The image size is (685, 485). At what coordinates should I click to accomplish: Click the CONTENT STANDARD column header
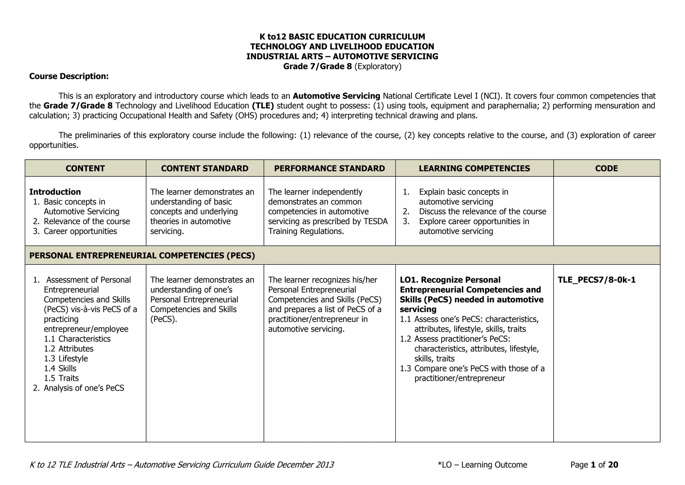[x=205, y=168]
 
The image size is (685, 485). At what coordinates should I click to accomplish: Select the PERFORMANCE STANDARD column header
[x=329, y=168]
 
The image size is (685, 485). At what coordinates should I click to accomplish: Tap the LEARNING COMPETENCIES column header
[x=474, y=168]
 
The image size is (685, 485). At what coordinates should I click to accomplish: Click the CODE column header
[x=606, y=168]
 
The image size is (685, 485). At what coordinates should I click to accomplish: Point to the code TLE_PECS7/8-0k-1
[x=596, y=280]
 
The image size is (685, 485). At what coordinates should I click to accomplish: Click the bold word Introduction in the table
[x=55, y=192]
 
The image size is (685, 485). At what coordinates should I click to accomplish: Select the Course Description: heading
[x=69, y=76]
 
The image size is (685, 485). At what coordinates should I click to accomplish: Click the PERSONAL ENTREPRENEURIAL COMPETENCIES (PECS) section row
[x=142, y=256]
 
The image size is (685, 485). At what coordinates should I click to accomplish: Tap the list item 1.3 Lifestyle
[x=66, y=358]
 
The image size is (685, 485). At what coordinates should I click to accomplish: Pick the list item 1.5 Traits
[x=62, y=378]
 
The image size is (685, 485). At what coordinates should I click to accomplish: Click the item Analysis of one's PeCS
[x=84, y=388]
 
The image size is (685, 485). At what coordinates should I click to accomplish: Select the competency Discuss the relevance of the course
[x=482, y=212]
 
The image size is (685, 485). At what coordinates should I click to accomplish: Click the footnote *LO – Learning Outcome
[x=482, y=465]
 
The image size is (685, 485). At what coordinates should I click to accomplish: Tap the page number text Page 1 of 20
[x=594, y=465]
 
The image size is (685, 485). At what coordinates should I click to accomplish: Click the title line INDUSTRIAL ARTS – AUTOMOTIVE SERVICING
[x=342, y=56]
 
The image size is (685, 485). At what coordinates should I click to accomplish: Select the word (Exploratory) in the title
[x=378, y=66]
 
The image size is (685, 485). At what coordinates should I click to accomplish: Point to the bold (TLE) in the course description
[x=263, y=106]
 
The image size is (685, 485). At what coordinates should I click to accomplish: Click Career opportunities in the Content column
[x=80, y=231]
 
